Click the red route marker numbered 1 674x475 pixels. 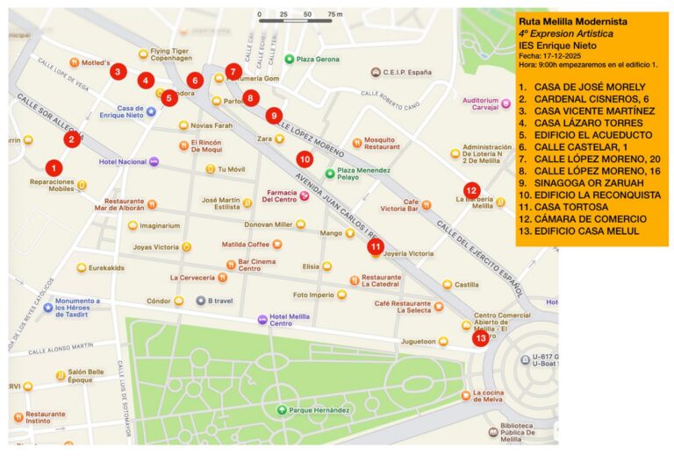pos(54,167)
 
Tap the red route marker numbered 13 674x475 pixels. pos(480,338)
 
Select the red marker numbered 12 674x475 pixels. pos(471,190)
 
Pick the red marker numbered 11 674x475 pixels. pos(376,247)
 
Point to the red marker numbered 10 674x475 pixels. pos(305,160)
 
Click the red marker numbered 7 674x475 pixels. pos(233,72)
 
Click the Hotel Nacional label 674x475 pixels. pos(123,162)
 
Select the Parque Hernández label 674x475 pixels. pos(319,410)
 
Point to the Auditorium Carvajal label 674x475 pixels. pos(480,105)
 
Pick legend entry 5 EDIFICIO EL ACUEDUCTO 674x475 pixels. pos(584,135)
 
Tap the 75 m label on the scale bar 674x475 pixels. pos(334,15)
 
